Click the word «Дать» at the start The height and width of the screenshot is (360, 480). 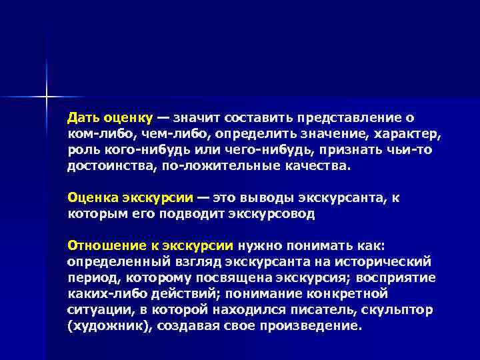(83, 118)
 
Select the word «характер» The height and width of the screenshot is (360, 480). (409, 134)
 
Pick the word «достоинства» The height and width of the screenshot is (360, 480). (109, 166)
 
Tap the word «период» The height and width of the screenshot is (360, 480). (91, 278)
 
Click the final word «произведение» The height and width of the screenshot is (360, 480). (316, 326)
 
